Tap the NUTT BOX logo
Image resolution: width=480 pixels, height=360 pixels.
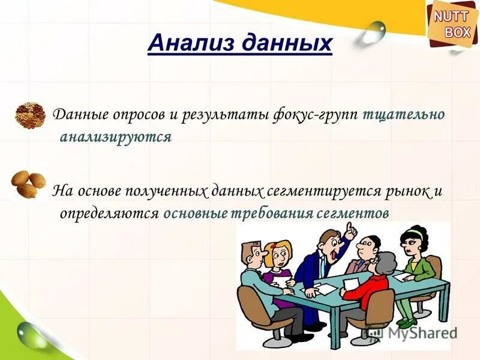[452, 25]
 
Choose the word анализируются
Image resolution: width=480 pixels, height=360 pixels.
[116, 137]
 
